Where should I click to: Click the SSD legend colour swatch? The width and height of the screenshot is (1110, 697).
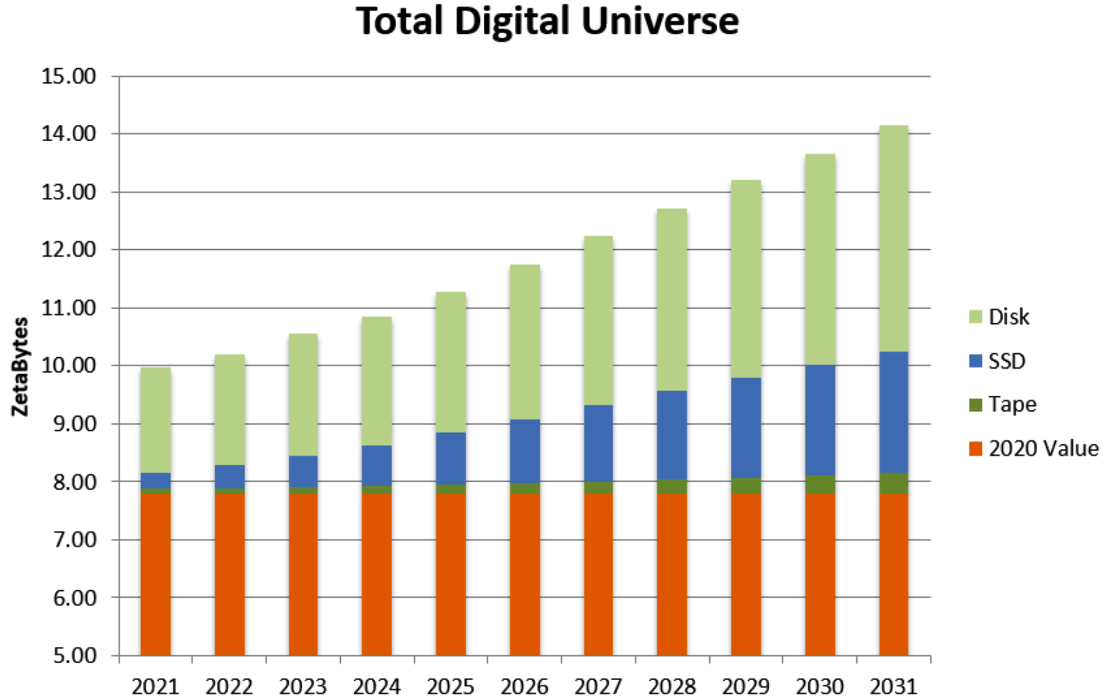pyautogui.click(x=975, y=361)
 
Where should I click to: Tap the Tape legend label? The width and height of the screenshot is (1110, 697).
pyautogui.click(x=1011, y=405)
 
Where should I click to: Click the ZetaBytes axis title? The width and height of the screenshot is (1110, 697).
pyautogui.click(x=21, y=367)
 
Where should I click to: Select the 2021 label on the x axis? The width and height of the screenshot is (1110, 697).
pyautogui.click(x=155, y=686)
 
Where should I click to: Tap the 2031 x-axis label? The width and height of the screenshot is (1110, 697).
pyautogui.click(x=893, y=686)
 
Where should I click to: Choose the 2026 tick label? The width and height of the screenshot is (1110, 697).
pyautogui.click(x=524, y=686)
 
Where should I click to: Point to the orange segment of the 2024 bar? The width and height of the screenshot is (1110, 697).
pyautogui.click(x=377, y=574)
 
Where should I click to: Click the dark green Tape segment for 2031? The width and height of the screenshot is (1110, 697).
pyautogui.click(x=893, y=484)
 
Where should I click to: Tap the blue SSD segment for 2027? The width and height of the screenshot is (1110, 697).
pyautogui.click(x=598, y=443)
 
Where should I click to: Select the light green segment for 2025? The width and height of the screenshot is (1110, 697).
pyautogui.click(x=451, y=362)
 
